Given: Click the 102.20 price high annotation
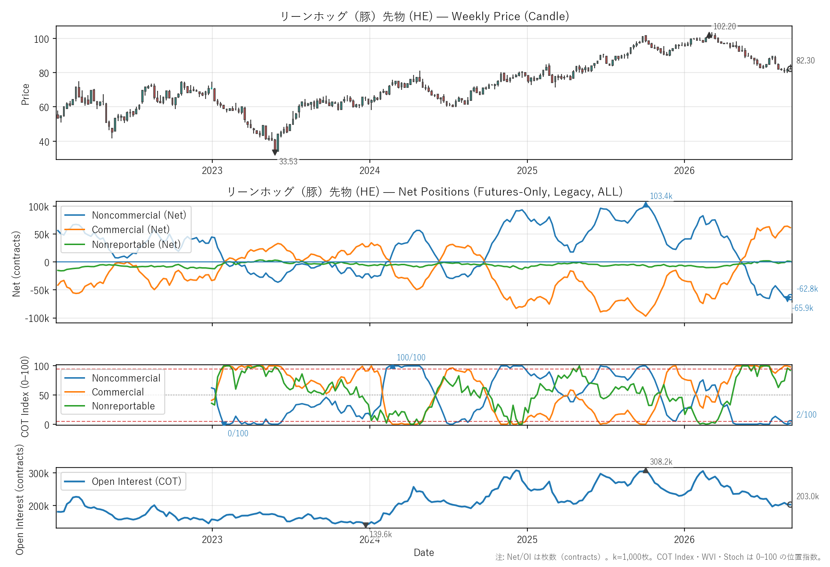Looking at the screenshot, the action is (x=724, y=26).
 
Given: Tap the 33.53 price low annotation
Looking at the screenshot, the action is (x=288, y=161).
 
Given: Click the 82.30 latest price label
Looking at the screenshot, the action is (x=806, y=61).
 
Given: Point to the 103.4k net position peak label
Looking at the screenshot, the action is (x=661, y=196).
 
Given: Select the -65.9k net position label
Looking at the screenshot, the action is (x=803, y=308).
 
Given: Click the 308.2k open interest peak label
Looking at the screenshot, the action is (x=661, y=462).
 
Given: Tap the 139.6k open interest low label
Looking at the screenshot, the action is (x=380, y=534).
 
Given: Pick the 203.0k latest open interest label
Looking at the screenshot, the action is (x=807, y=496).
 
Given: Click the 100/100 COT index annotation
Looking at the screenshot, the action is (x=411, y=357).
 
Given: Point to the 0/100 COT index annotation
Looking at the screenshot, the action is (x=238, y=433).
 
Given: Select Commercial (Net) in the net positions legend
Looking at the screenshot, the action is (x=131, y=230).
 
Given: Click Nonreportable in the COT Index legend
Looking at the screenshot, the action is (x=123, y=406).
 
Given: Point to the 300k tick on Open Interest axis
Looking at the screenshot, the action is (x=39, y=474).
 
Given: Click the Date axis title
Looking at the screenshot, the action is (x=424, y=553).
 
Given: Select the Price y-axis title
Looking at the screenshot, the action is (x=25, y=94).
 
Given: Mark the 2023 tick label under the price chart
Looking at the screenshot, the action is (x=212, y=171).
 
